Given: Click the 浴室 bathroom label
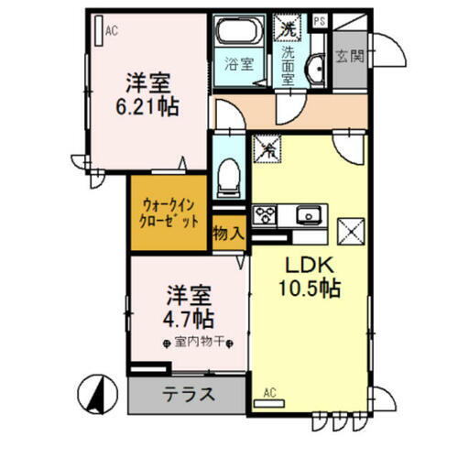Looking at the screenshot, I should tap(232, 65).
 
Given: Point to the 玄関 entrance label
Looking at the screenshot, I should tap(349, 55).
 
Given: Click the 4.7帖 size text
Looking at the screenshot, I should tap(189, 320).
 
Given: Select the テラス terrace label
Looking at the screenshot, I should tap(189, 396).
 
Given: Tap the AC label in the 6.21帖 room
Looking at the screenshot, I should tap(112, 31).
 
